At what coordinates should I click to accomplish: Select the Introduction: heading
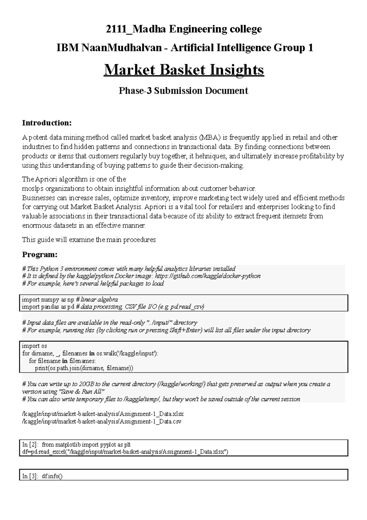pos(46,123)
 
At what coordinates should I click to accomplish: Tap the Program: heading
pos(40,255)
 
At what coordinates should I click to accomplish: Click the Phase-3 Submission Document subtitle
pos(183,91)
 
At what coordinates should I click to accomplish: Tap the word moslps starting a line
pos(30,188)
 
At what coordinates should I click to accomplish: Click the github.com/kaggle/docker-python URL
pos(208,276)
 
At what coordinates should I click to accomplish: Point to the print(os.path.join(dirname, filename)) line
pos(84,368)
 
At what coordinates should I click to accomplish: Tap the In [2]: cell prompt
pos(30,444)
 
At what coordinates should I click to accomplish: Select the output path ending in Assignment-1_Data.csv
pos(102,422)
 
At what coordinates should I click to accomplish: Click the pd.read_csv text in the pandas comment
pos(187,307)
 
